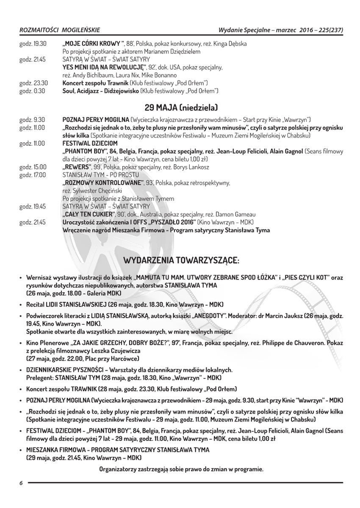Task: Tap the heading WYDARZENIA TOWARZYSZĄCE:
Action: (x=181, y=259)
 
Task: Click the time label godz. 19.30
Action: (x=33, y=44)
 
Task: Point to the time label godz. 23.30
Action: (x=33, y=83)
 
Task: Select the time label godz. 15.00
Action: (x=33, y=167)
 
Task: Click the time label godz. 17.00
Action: (x=33, y=175)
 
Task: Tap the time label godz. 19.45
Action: (x=33, y=207)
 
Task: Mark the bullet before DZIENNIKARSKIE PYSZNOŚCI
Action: (x=21, y=370)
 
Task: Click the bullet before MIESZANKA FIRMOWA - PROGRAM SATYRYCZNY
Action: (x=21, y=450)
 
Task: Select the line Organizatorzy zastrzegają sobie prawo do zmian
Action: (x=181, y=469)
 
